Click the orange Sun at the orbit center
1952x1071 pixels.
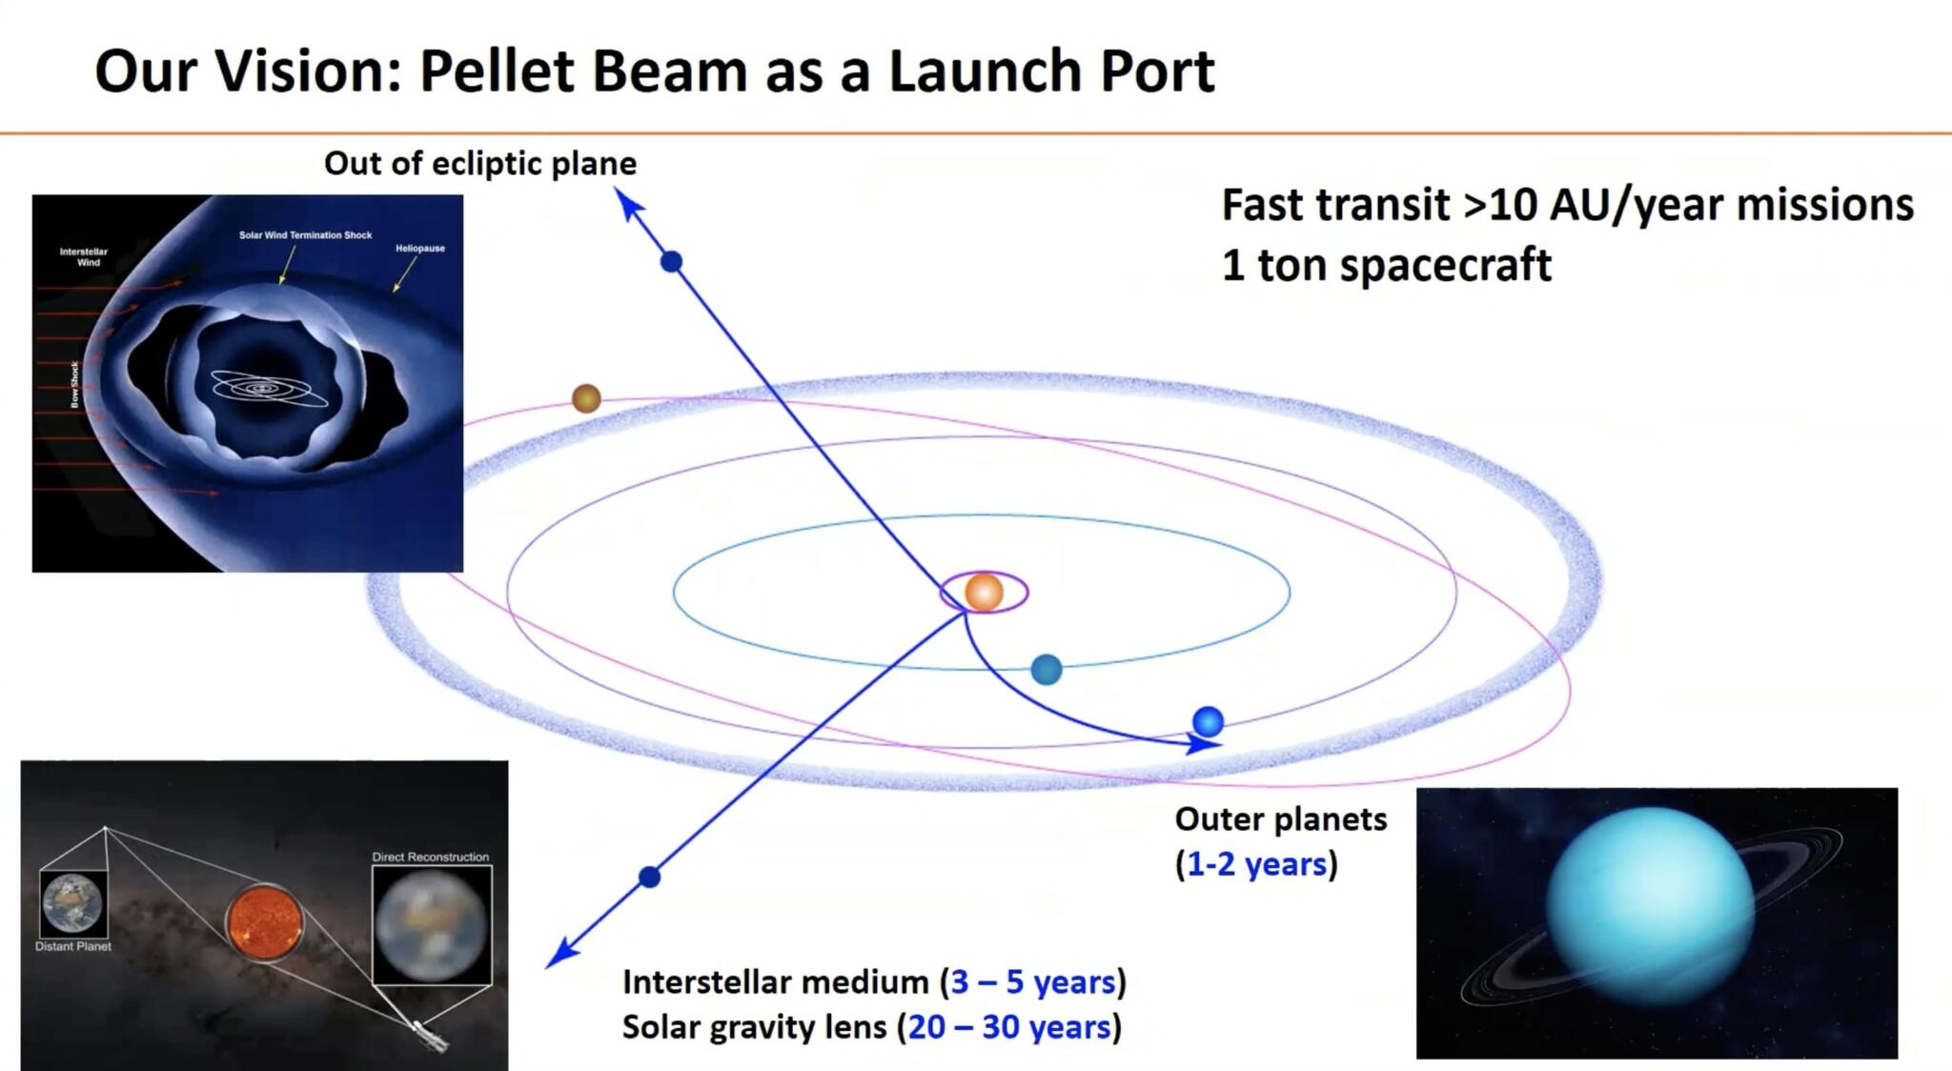point(984,592)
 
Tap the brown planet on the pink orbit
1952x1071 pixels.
point(586,398)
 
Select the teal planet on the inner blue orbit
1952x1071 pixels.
point(1047,669)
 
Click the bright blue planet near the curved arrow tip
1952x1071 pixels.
point(1208,721)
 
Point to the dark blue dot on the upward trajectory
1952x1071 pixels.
point(671,261)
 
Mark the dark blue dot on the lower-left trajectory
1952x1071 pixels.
point(649,877)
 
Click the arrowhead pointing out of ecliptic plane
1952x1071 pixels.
point(626,201)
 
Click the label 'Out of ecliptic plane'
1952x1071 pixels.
point(479,163)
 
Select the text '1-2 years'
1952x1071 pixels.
point(1256,864)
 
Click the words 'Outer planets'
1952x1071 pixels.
point(1280,818)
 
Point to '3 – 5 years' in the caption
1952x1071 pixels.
point(1032,981)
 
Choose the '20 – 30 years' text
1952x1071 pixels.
point(1008,1027)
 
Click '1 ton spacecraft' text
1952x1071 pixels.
point(1386,264)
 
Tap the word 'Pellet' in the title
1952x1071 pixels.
point(497,71)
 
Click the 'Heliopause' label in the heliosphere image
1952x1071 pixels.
point(420,248)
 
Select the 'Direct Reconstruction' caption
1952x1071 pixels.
point(430,857)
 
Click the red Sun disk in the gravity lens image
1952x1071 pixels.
point(265,922)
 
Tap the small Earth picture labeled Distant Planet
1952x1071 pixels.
point(73,903)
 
